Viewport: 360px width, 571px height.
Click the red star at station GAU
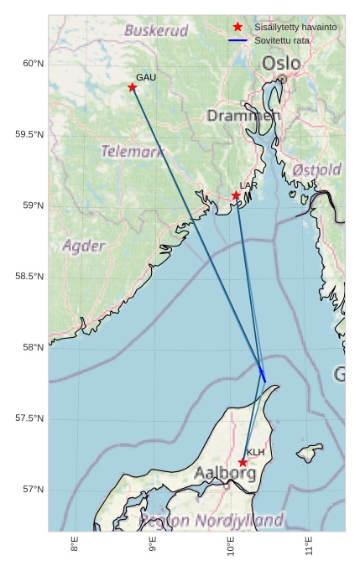[133, 87]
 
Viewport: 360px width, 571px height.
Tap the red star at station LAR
[236, 195]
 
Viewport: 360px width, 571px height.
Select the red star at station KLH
[243, 463]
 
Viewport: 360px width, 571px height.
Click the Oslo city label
[280, 64]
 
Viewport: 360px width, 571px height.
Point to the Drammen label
[242, 116]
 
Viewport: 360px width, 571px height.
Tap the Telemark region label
[133, 152]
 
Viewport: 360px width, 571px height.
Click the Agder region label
[84, 246]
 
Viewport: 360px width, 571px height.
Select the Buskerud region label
[156, 31]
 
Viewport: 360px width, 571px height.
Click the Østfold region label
[316, 170]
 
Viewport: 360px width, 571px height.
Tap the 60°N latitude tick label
[33, 64]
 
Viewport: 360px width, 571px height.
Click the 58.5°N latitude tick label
[29, 277]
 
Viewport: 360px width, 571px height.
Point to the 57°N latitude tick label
[33, 490]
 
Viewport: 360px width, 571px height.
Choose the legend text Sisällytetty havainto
[295, 28]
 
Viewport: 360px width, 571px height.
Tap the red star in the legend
[238, 28]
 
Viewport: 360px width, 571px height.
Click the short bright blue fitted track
[263, 375]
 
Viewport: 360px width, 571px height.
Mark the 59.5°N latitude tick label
[29, 135]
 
